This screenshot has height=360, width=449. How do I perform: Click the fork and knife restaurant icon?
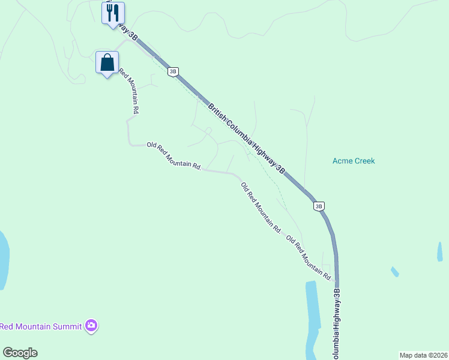[113, 13]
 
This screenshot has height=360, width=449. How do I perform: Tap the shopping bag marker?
[107, 62]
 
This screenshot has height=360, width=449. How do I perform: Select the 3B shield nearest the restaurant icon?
[173, 71]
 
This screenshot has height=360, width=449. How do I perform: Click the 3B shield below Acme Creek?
[319, 206]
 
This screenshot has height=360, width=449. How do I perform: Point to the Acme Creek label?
[354, 161]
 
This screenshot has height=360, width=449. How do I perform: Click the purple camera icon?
[91, 326]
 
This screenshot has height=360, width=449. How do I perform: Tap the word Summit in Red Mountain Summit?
[67, 326]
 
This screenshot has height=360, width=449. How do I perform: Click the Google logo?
[20, 353]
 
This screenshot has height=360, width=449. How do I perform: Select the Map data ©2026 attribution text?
[423, 355]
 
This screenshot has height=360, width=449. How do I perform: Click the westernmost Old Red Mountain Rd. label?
[173, 156]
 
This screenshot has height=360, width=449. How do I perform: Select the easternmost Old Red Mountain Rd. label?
[309, 257]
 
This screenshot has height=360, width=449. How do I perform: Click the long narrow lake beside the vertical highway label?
[313, 312]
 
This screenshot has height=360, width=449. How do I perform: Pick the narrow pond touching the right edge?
[440, 252]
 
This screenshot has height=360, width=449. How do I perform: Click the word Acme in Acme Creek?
[342, 161]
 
